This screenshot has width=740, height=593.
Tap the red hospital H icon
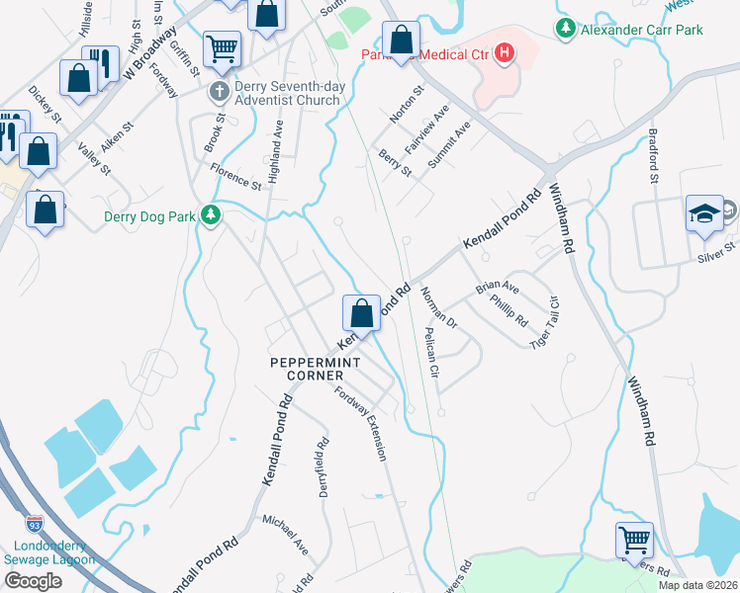[505, 51]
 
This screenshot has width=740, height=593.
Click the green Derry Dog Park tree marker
[210, 214]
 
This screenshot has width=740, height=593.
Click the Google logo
[32, 580]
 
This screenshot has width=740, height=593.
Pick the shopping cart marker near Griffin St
[222, 46]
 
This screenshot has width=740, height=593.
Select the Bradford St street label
[653, 156]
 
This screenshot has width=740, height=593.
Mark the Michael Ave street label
[285, 534]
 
